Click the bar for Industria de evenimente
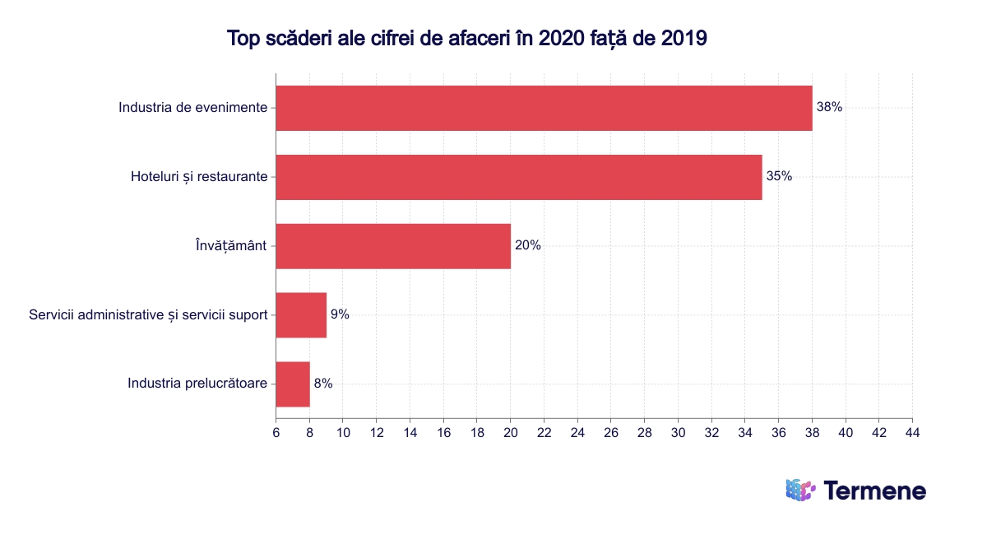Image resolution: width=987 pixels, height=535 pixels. click(x=544, y=108)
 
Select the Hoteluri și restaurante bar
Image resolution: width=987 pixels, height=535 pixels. click(x=518, y=177)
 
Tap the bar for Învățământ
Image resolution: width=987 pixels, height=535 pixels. click(x=393, y=246)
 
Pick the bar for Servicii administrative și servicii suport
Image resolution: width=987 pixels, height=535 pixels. click(x=301, y=315)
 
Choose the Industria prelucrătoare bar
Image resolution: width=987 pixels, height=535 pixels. click(x=293, y=384)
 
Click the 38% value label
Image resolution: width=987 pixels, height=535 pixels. click(x=829, y=107)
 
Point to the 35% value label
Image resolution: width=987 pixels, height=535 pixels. click(x=779, y=176)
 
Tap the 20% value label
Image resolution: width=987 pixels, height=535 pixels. click(x=527, y=245)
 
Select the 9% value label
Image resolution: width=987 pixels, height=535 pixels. click(x=340, y=314)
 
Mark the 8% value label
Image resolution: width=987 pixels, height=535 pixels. click(x=323, y=384)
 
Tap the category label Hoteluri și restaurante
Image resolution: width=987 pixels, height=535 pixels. click(x=199, y=177)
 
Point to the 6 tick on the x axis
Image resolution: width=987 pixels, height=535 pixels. click(x=276, y=432)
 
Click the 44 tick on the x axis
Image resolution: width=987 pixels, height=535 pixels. click(x=911, y=432)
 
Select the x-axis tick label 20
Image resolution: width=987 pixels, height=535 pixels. click(x=510, y=432)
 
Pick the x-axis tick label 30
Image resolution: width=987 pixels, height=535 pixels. click(x=678, y=432)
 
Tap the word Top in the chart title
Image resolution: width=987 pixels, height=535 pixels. click(x=243, y=39)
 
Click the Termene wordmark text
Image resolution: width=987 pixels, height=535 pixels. click(x=874, y=491)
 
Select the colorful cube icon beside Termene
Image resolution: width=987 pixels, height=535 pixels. click(x=799, y=490)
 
